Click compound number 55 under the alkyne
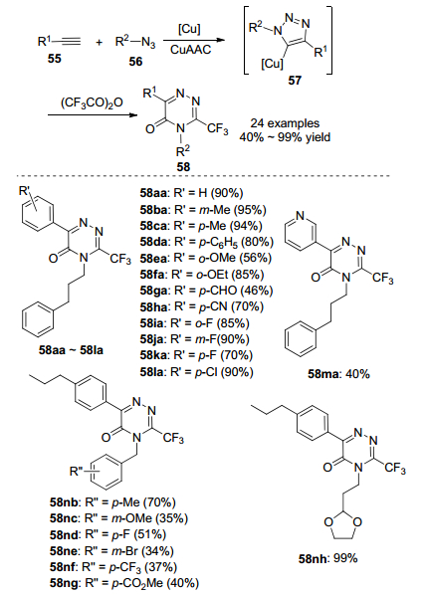(x=55, y=59)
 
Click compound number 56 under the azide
(x=135, y=61)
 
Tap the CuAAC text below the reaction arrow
(x=190, y=50)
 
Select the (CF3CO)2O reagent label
(x=92, y=102)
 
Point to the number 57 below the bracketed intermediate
(x=295, y=80)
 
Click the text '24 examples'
(x=285, y=123)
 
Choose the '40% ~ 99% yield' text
(x=285, y=136)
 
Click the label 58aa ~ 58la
(x=71, y=350)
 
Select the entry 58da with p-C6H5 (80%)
(x=207, y=242)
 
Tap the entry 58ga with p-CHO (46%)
(x=207, y=291)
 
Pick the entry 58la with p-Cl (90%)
(x=196, y=372)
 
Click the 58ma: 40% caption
(x=338, y=374)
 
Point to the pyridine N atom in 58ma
(x=300, y=216)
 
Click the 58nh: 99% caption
(x=328, y=558)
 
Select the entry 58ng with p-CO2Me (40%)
(x=124, y=583)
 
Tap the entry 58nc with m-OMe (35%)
(x=118, y=518)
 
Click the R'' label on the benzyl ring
(x=77, y=472)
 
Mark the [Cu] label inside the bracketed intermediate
(x=272, y=64)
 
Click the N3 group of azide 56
(x=148, y=43)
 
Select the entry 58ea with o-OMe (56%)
(x=206, y=258)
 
